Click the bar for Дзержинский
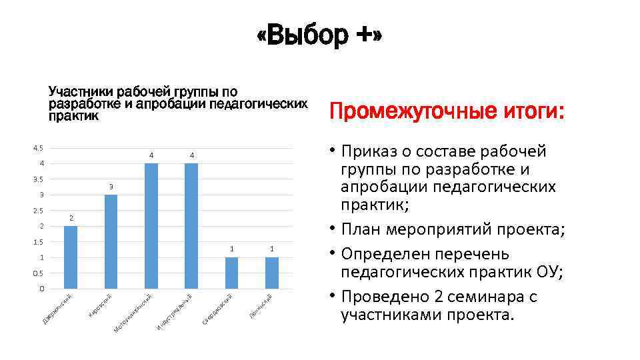point(71,257)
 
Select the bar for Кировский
point(111,241)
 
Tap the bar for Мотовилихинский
point(151,226)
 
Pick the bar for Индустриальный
point(191,226)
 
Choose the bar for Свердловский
point(231,273)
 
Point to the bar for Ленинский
point(272,273)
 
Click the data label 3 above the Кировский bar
point(111,186)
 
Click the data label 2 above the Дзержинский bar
point(71,218)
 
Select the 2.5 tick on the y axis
point(38,211)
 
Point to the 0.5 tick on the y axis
point(38,273)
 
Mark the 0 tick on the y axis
point(41,289)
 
